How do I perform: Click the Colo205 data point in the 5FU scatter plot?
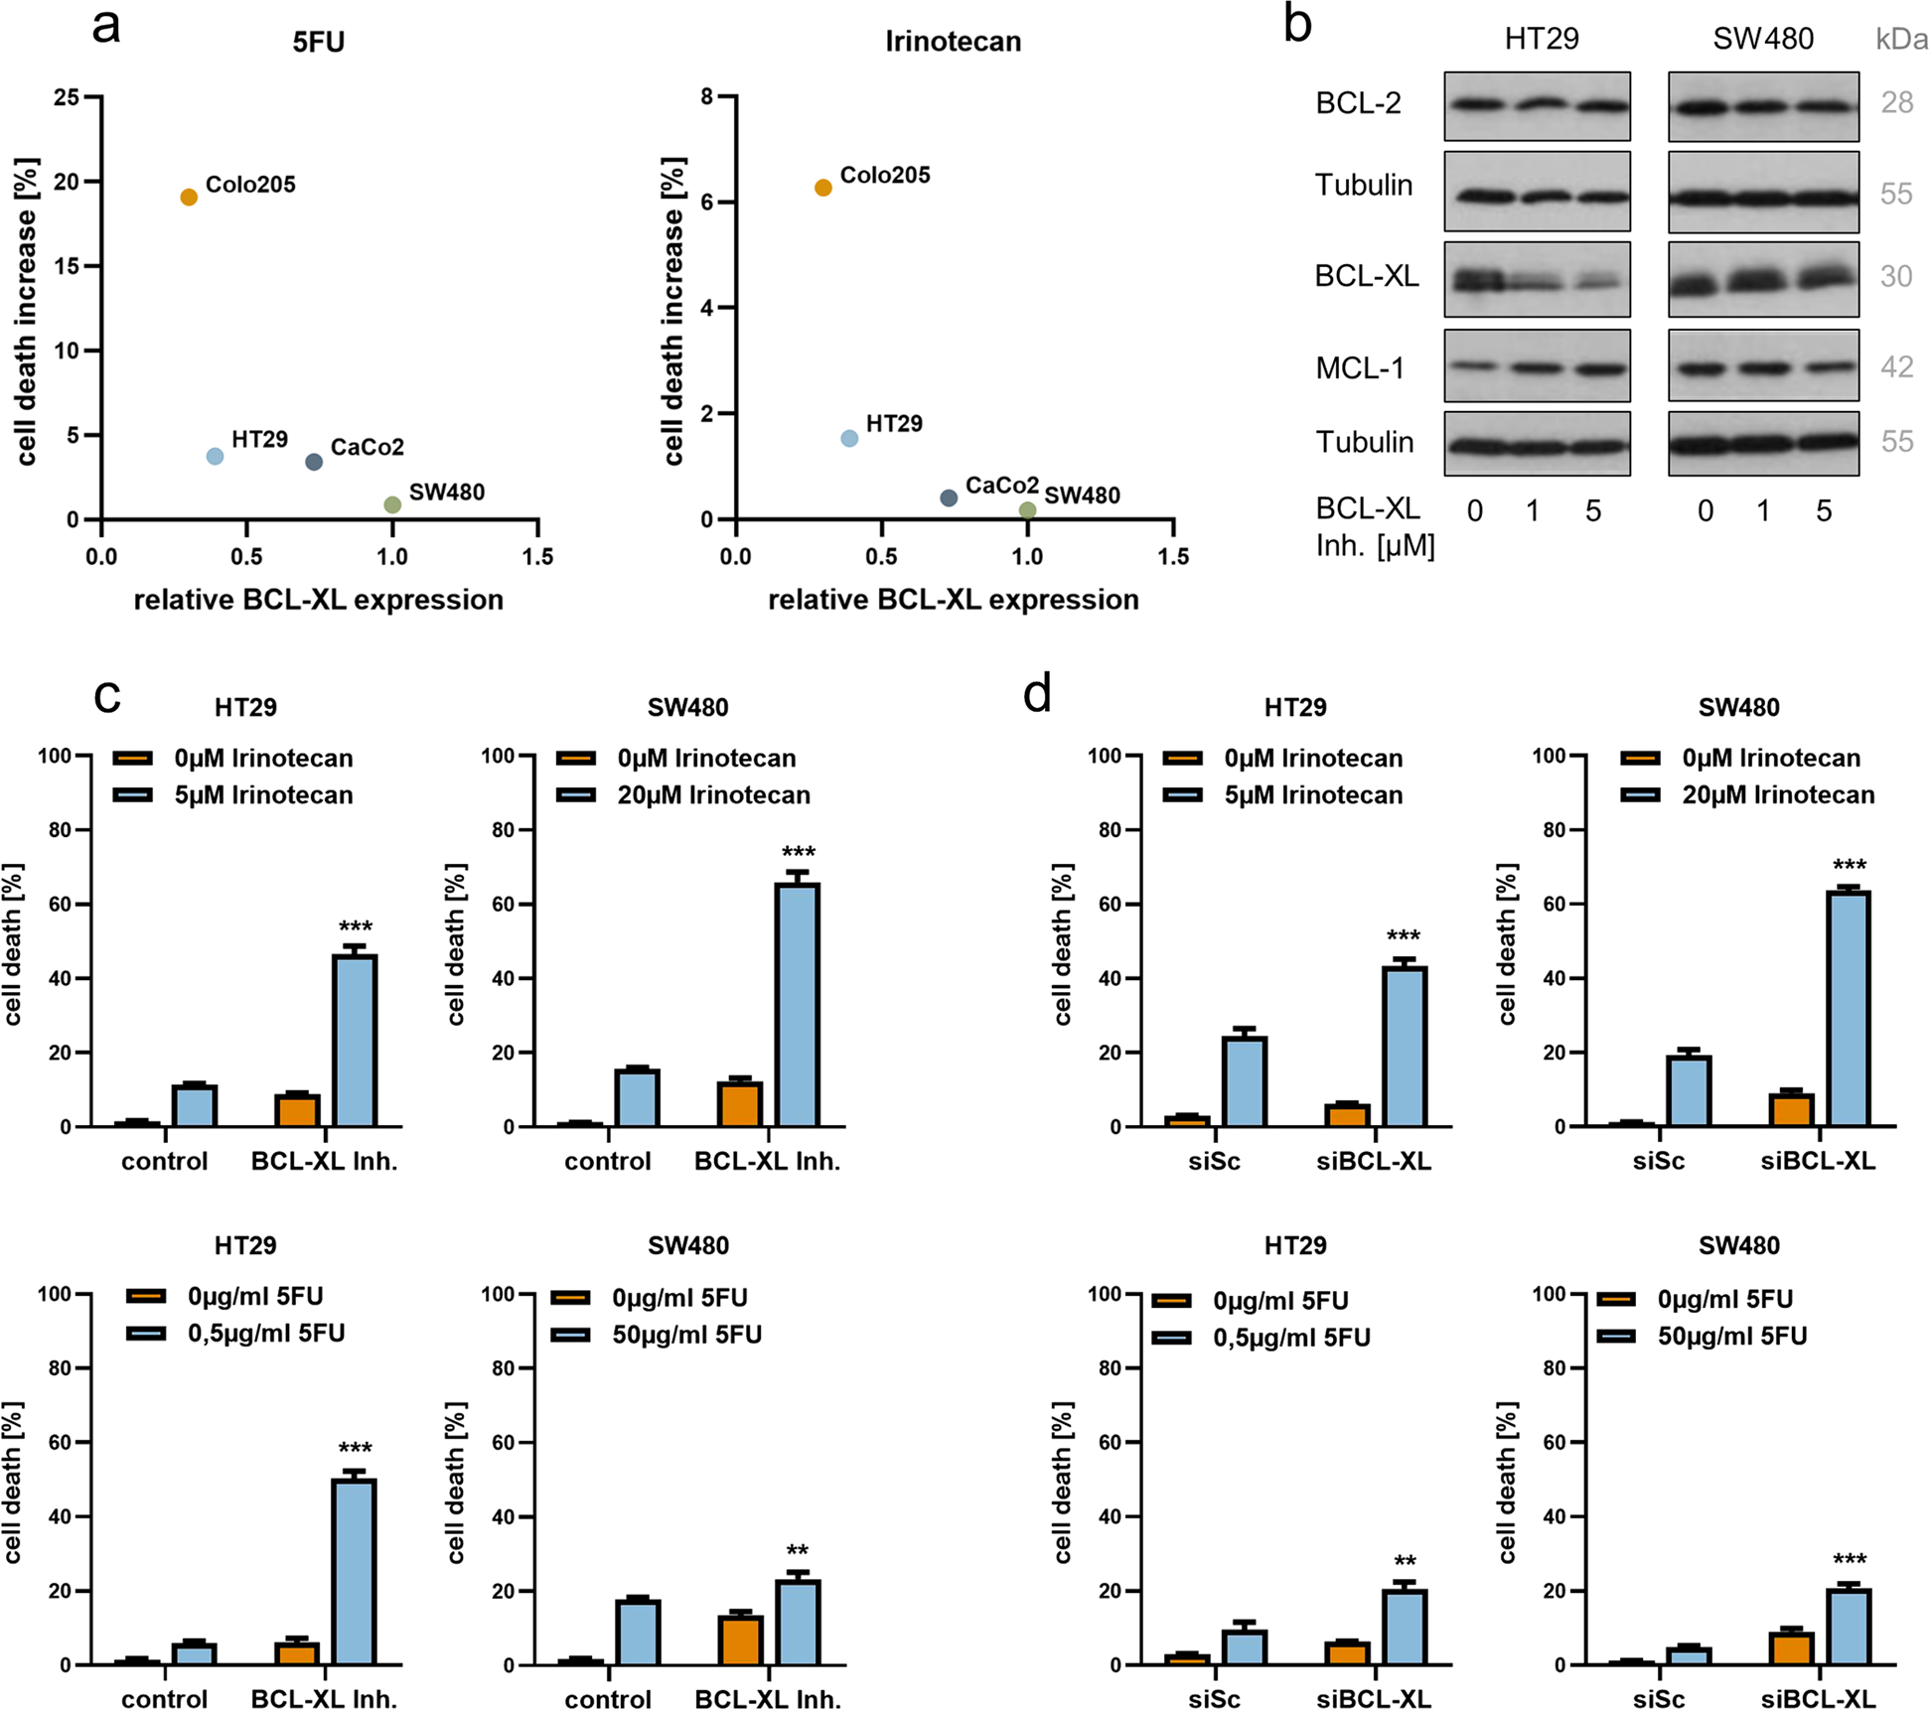(189, 198)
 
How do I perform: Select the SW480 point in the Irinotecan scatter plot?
(1027, 510)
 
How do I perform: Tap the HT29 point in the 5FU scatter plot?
(215, 456)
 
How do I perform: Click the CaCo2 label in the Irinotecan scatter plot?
(1001, 486)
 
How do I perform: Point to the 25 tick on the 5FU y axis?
(67, 97)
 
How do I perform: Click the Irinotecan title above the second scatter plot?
(953, 42)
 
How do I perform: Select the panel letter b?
(1297, 24)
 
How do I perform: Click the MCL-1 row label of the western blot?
(1360, 368)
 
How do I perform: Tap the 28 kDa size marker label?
(1896, 102)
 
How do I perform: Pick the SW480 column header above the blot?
(1763, 39)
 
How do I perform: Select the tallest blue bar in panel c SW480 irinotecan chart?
(798, 1003)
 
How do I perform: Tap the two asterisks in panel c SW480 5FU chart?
(797, 1551)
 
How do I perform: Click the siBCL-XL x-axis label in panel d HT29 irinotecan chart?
(1374, 1161)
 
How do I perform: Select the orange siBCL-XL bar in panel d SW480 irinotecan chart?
(1791, 1110)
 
